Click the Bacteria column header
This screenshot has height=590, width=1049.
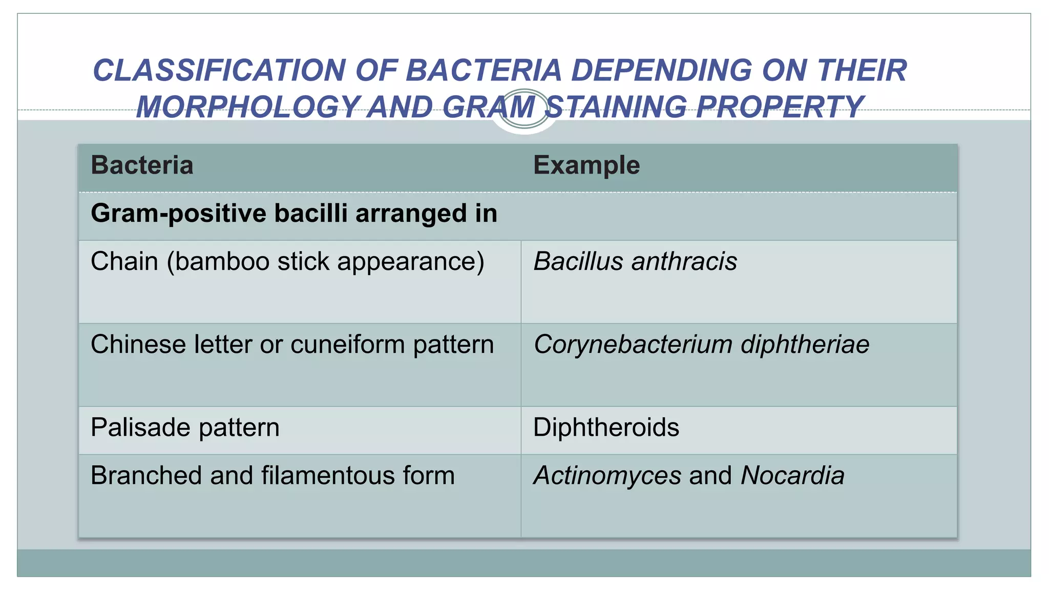tap(142, 165)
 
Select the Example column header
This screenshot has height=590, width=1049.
tap(586, 165)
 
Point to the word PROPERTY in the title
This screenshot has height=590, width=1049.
tap(780, 107)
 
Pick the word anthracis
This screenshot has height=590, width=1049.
tap(684, 261)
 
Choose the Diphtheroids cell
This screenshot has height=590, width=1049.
tap(606, 428)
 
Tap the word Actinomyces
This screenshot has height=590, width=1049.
tap(607, 475)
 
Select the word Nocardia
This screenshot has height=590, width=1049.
tap(792, 475)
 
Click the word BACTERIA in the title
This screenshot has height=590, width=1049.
tap(484, 70)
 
